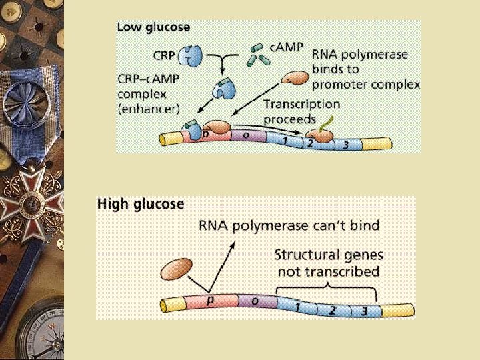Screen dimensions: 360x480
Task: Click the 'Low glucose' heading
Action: pos(153,28)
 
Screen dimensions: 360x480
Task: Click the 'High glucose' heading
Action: pos(141,203)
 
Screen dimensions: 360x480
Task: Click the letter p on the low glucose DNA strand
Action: pos(205,134)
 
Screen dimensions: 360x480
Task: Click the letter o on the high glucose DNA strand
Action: pos(254,301)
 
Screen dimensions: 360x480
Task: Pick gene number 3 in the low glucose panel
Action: pos(345,145)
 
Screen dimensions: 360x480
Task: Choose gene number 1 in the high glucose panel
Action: pos(297,306)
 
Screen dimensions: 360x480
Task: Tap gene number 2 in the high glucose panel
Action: pos(331,310)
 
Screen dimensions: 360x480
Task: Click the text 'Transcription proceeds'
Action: pos(301,111)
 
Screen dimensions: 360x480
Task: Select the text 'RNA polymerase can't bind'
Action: pos(289,225)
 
